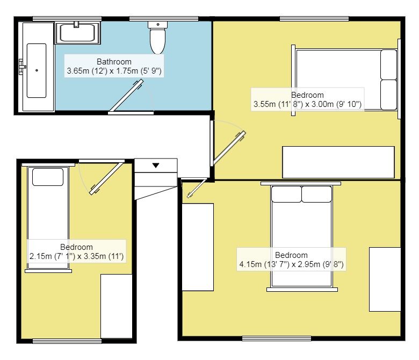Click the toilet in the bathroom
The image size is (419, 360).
[157, 38]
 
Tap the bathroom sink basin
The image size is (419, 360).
[77, 33]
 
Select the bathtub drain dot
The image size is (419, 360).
[37, 70]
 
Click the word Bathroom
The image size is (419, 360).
[114, 62]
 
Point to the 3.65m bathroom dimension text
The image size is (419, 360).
[114, 71]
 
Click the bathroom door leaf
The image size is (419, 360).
[126, 95]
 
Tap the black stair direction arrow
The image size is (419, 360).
[156, 165]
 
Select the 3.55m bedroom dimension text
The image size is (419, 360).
[307, 104]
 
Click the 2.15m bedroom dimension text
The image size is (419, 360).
[76, 256]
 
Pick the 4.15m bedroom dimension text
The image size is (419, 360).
[291, 264]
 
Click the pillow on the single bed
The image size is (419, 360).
[48, 177]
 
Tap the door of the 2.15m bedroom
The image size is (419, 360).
[107, 178]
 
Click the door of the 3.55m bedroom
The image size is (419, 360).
[229, 148]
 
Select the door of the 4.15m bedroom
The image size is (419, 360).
[197, 189]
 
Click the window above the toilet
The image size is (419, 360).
[164, 19]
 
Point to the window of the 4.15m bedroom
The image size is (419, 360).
[277, 339]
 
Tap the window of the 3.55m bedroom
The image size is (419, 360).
[314, 19]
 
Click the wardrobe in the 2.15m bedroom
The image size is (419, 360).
[117, 306]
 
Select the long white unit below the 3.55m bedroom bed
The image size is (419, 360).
[338, 162]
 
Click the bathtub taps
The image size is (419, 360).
[22, 67]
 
